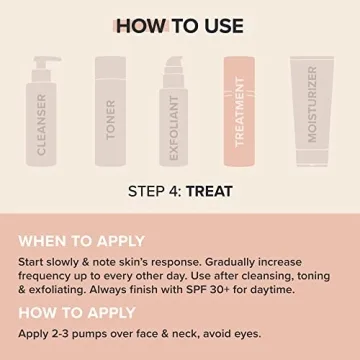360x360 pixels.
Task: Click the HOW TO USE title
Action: click(179, 25)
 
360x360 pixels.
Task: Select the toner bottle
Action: click(111, 118)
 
